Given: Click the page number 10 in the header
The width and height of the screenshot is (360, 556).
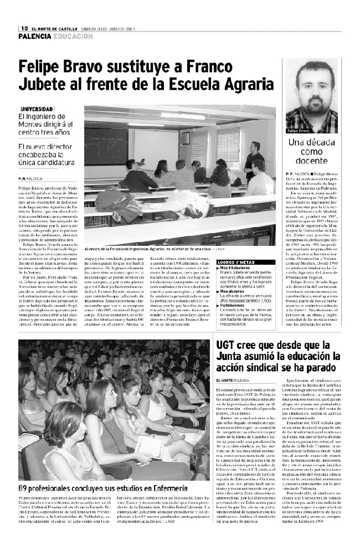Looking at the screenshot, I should tap(24, 28).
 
